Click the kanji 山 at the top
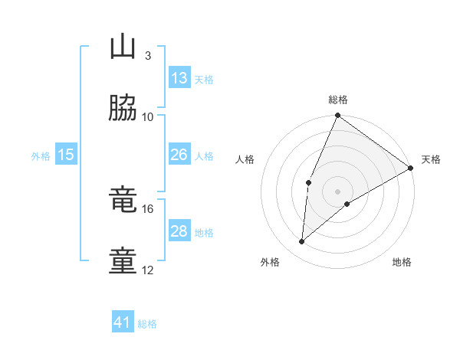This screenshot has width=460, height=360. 123,47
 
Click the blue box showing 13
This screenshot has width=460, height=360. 179,78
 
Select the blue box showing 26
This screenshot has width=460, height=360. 179,155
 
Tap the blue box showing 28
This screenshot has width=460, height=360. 179,231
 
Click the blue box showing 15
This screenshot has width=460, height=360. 65,155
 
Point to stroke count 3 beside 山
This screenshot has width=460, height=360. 147,55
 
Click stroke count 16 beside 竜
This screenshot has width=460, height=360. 147,208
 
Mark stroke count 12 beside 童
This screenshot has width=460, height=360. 147,270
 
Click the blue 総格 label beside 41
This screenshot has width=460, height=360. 148,324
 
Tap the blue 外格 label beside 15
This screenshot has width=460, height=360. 41,155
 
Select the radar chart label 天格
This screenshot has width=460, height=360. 431,159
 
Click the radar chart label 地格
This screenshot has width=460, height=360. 402,262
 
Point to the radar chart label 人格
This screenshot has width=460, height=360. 245,159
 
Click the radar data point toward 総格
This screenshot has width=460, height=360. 337,116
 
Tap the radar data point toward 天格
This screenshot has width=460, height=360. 411,168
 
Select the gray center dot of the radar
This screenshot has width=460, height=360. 337,191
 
